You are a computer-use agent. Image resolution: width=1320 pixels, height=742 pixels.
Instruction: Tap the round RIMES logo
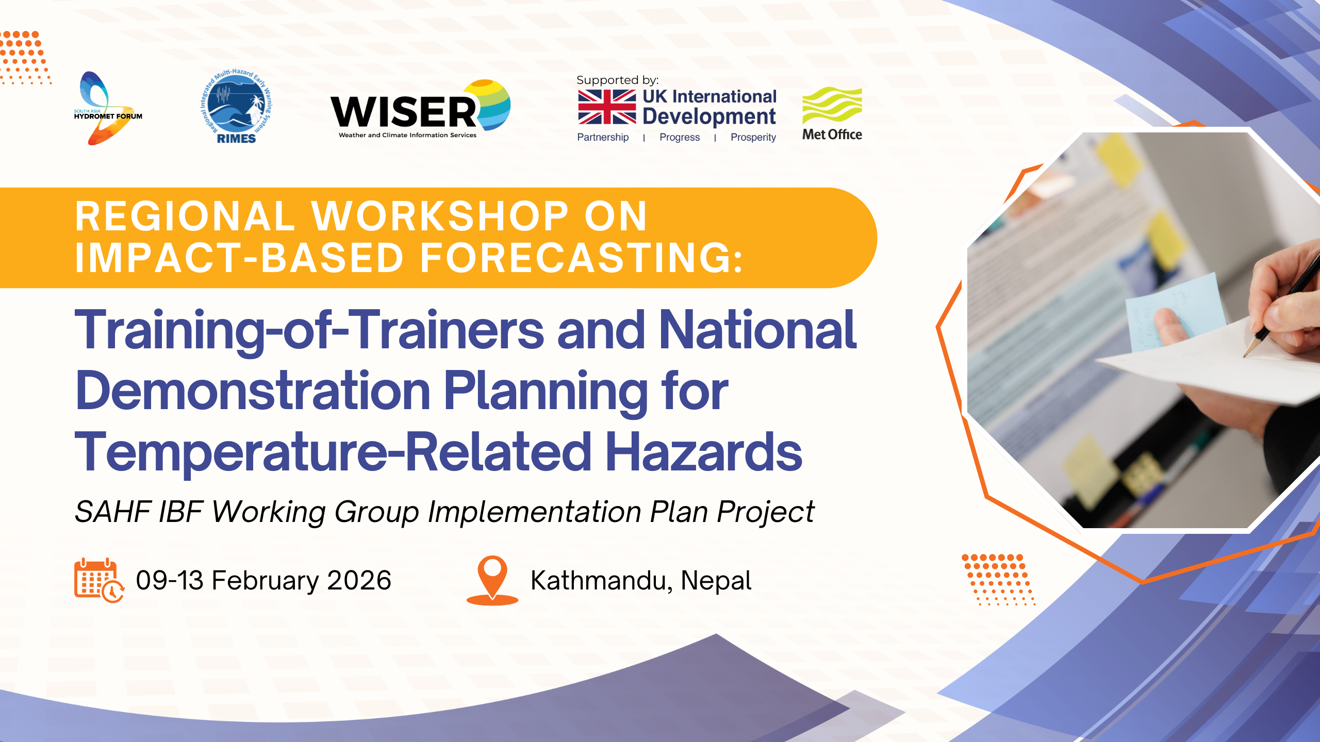[x=236, y=106]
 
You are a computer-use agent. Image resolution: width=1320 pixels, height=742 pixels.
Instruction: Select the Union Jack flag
[x=607, y=107]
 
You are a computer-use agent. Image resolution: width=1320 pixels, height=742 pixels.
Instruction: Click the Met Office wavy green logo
[x=832, y=105]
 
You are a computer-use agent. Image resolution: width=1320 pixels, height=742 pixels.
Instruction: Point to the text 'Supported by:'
[x=617, y=80]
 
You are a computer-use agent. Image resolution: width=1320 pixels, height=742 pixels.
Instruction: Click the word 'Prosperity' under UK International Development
[x=753, y=138]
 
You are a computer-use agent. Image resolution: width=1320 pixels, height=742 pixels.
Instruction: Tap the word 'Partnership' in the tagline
[x=603, y=138]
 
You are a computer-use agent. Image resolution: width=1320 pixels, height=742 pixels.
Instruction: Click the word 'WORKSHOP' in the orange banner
[x=440, y=216]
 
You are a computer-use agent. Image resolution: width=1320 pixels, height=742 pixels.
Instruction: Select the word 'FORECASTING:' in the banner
[x=582, y=258]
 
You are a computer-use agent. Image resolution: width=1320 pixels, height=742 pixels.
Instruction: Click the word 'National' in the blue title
[x=757, y=330]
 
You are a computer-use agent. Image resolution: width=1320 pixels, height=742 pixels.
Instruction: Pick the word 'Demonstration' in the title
[x=253, y=391]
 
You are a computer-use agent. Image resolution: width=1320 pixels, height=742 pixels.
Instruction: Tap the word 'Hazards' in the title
[x=704, y=451]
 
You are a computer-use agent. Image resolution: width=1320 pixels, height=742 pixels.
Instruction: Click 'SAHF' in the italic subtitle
[x=112, y=512]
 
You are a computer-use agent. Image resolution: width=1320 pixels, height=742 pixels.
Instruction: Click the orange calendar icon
[x=99, y=580]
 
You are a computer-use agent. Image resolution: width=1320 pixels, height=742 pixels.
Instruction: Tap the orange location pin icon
[x=492, y=580]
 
